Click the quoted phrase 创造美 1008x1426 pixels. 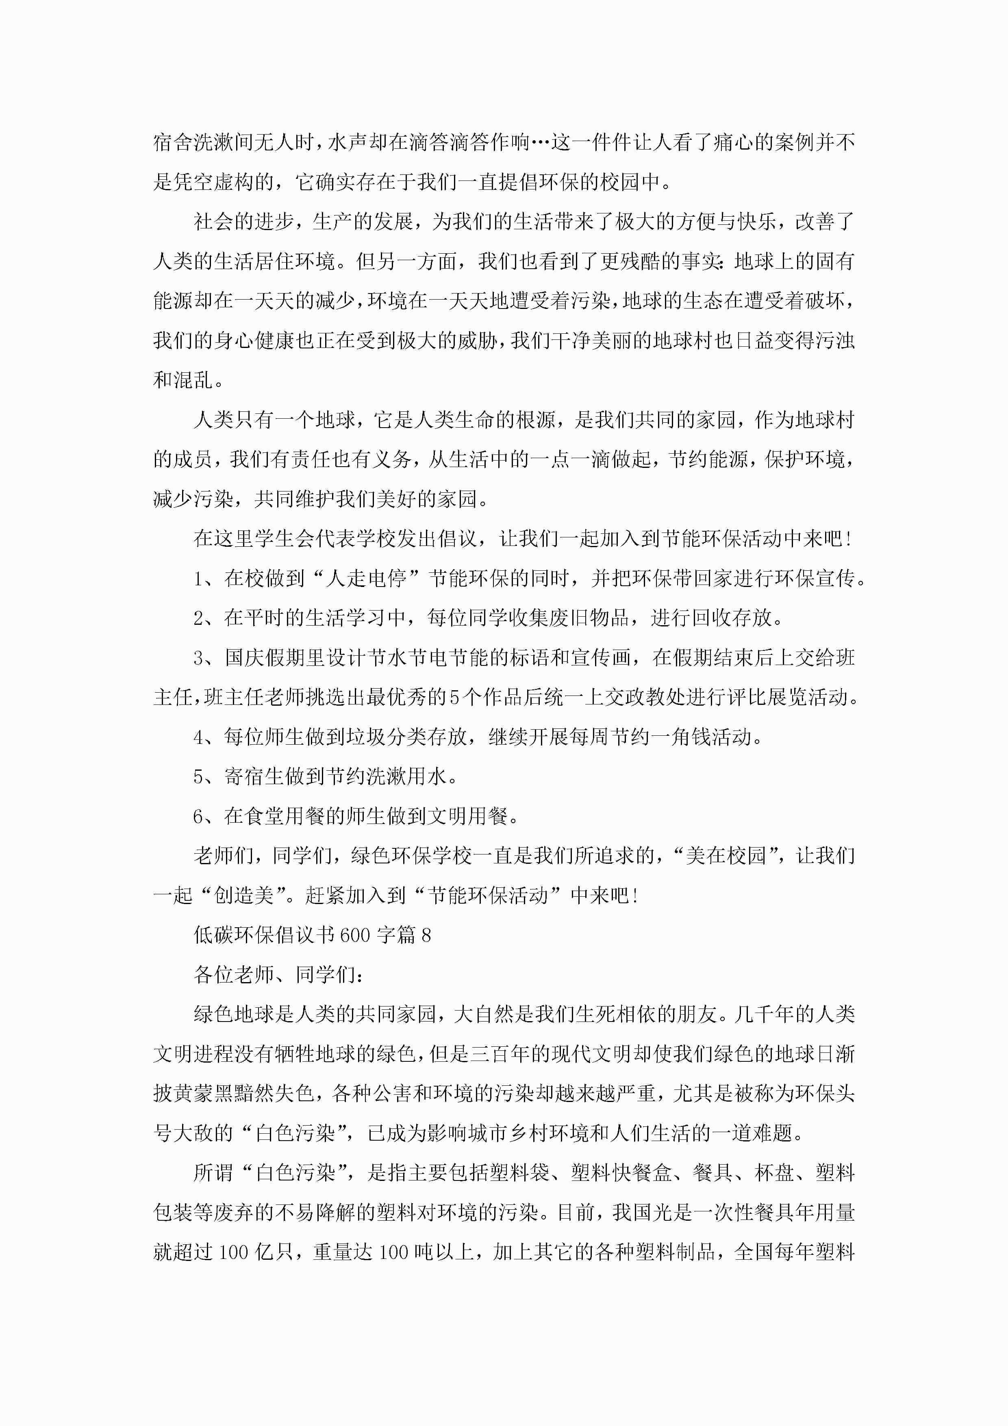click(244, 896)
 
